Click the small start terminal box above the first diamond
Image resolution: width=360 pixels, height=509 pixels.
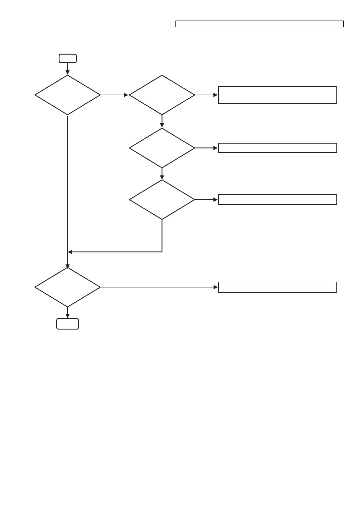tap(67, 58)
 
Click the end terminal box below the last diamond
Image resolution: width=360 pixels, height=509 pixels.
tap(67, 324)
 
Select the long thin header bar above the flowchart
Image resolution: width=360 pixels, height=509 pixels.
tap(259, 24)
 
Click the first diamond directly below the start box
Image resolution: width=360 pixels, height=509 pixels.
tap(67, 95)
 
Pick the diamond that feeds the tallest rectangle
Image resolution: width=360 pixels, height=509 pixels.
tap(162, 95)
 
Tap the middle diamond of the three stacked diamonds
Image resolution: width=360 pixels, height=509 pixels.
tap(162, 148)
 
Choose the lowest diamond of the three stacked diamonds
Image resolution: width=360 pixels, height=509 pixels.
tap(162, 199)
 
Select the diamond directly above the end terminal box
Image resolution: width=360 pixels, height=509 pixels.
tap(67, 287)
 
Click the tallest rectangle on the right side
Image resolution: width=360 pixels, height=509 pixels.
tap(277, 95)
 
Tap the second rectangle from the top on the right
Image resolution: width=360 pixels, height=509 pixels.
tap(277, 148)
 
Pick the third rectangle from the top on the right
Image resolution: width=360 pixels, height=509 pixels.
tap(277, 199)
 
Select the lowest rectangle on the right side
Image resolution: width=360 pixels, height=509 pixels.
tap(277, 287)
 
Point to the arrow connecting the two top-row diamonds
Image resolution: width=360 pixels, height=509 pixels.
tap(114, 95)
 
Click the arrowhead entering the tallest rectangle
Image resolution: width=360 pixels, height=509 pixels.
tap(215, 95)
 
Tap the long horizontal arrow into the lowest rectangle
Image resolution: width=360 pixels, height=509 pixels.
tap(159, 287)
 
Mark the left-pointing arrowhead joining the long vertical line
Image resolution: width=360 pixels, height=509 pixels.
tap(70, 252)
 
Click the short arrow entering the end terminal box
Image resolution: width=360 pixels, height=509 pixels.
tap(67, 313)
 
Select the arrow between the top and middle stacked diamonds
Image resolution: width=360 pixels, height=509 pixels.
tap(162, 121)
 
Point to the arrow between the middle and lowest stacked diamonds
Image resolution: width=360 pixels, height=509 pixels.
tap(162, 174)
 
